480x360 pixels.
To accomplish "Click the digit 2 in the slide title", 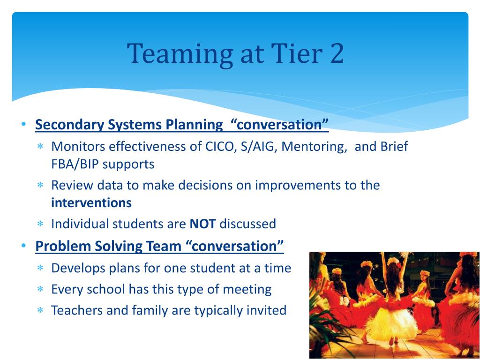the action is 337,53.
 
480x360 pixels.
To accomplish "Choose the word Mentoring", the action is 314,147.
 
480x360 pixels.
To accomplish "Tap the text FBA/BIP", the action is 75,165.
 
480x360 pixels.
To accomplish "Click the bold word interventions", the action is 91,202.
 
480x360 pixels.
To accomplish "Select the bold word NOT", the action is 202,224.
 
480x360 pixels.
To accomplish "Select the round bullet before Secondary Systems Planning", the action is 23,124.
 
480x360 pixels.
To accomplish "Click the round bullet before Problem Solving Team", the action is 23,245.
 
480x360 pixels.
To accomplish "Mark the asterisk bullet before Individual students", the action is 40,224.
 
